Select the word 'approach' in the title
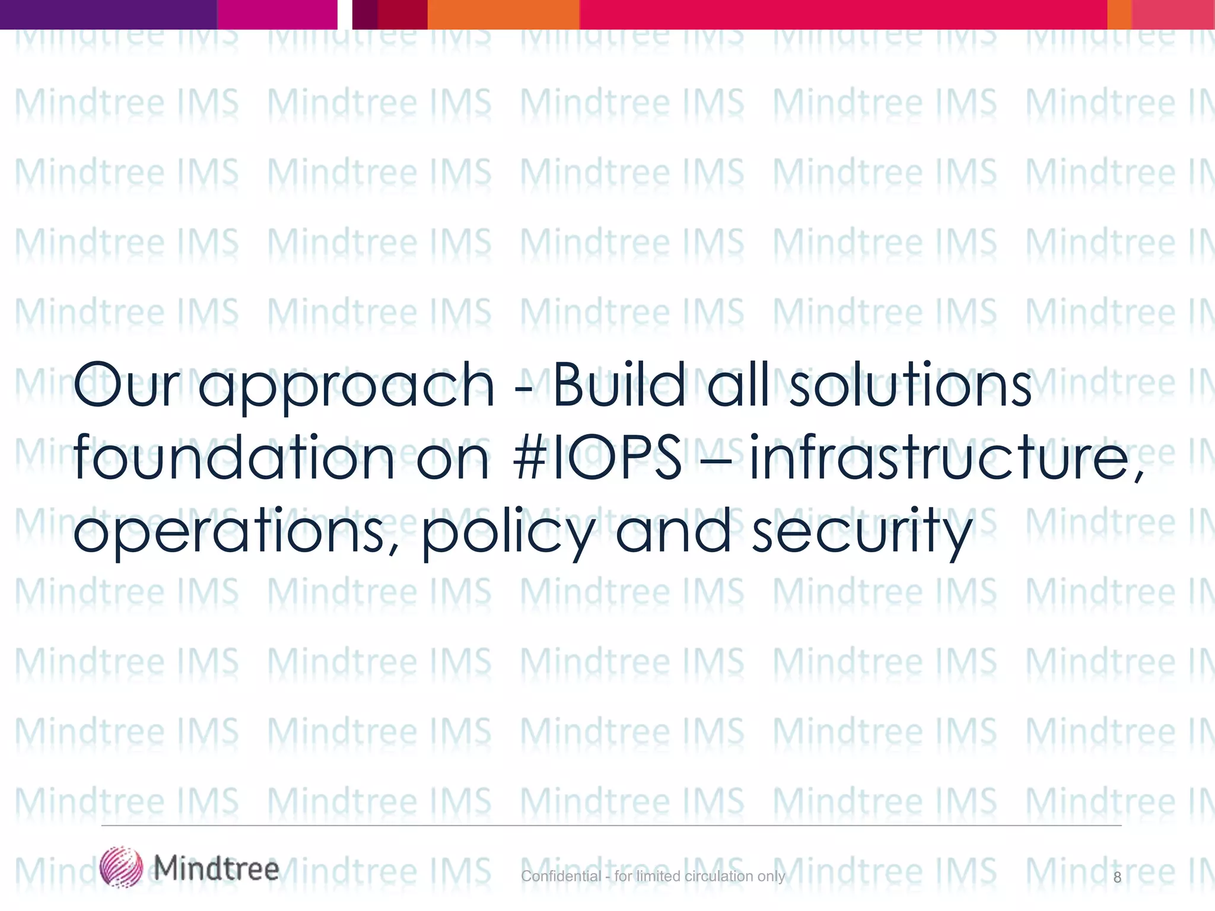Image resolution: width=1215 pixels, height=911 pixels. (x=345, y=388)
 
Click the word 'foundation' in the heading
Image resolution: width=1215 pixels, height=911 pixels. (x=234, y=458)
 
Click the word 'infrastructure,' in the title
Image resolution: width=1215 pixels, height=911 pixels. (x=947, y=458)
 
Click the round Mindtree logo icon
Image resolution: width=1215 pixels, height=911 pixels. (x=121, y=867)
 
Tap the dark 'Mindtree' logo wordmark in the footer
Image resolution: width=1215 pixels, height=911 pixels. (x=217, y=869)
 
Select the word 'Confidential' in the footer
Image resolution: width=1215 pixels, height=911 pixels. (x=561, y=876)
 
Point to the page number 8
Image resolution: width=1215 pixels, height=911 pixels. (x=1117, y=877)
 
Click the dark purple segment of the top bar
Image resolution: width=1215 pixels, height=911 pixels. (x=108, y=14)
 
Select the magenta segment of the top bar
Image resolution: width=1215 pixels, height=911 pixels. (x=277, y=14)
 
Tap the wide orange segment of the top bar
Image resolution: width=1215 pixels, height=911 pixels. (x=503, y=14)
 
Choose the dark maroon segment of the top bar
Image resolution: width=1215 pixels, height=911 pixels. (x=402, y=14)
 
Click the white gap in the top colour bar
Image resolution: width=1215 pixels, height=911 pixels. (x=345, y=14)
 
